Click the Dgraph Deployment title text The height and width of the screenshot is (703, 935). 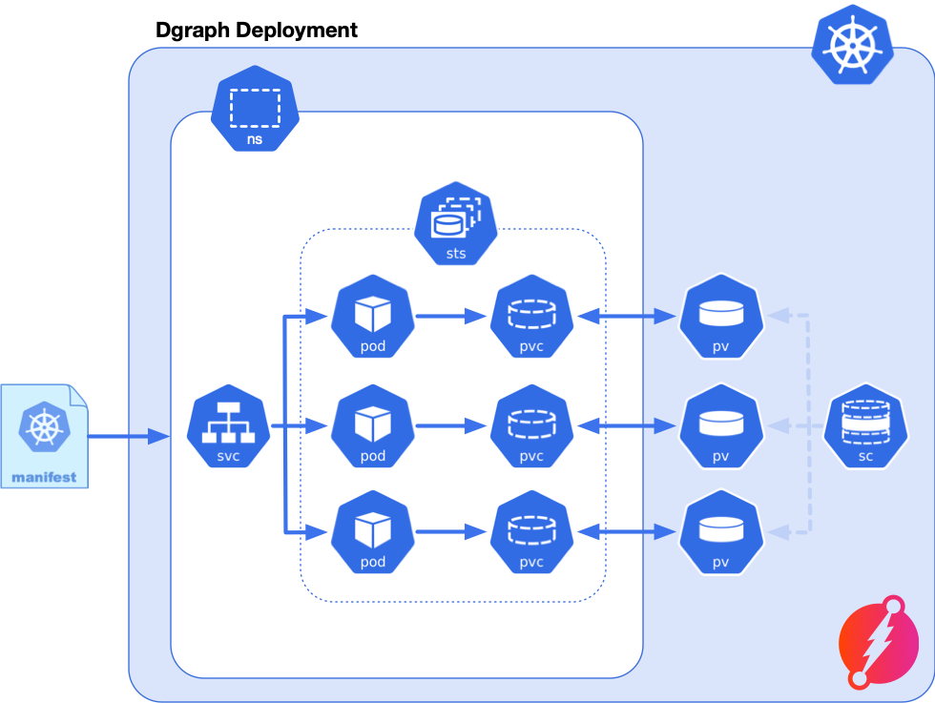coord(256,31)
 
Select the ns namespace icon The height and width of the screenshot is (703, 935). coord(255,109)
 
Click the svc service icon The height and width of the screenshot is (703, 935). coord(229,427)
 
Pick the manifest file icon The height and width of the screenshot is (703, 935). coord(44,436)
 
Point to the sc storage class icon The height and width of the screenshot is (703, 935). coord(865,427)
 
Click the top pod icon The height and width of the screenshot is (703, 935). coord(373,316)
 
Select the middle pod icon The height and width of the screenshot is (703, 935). coord(373,425)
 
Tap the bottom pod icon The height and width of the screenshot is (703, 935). coord(373,531)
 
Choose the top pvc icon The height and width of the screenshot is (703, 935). coord(531,316)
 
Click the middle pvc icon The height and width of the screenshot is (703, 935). coord(531,425)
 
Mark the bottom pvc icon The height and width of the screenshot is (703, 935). coord(531,531)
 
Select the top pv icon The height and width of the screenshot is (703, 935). coord(720,316)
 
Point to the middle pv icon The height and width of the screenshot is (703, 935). coord(720,425)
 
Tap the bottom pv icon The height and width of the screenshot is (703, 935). coord(720,531)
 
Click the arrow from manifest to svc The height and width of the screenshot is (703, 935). coord(129,437)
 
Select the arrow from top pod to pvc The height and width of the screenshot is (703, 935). coord(450,316)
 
